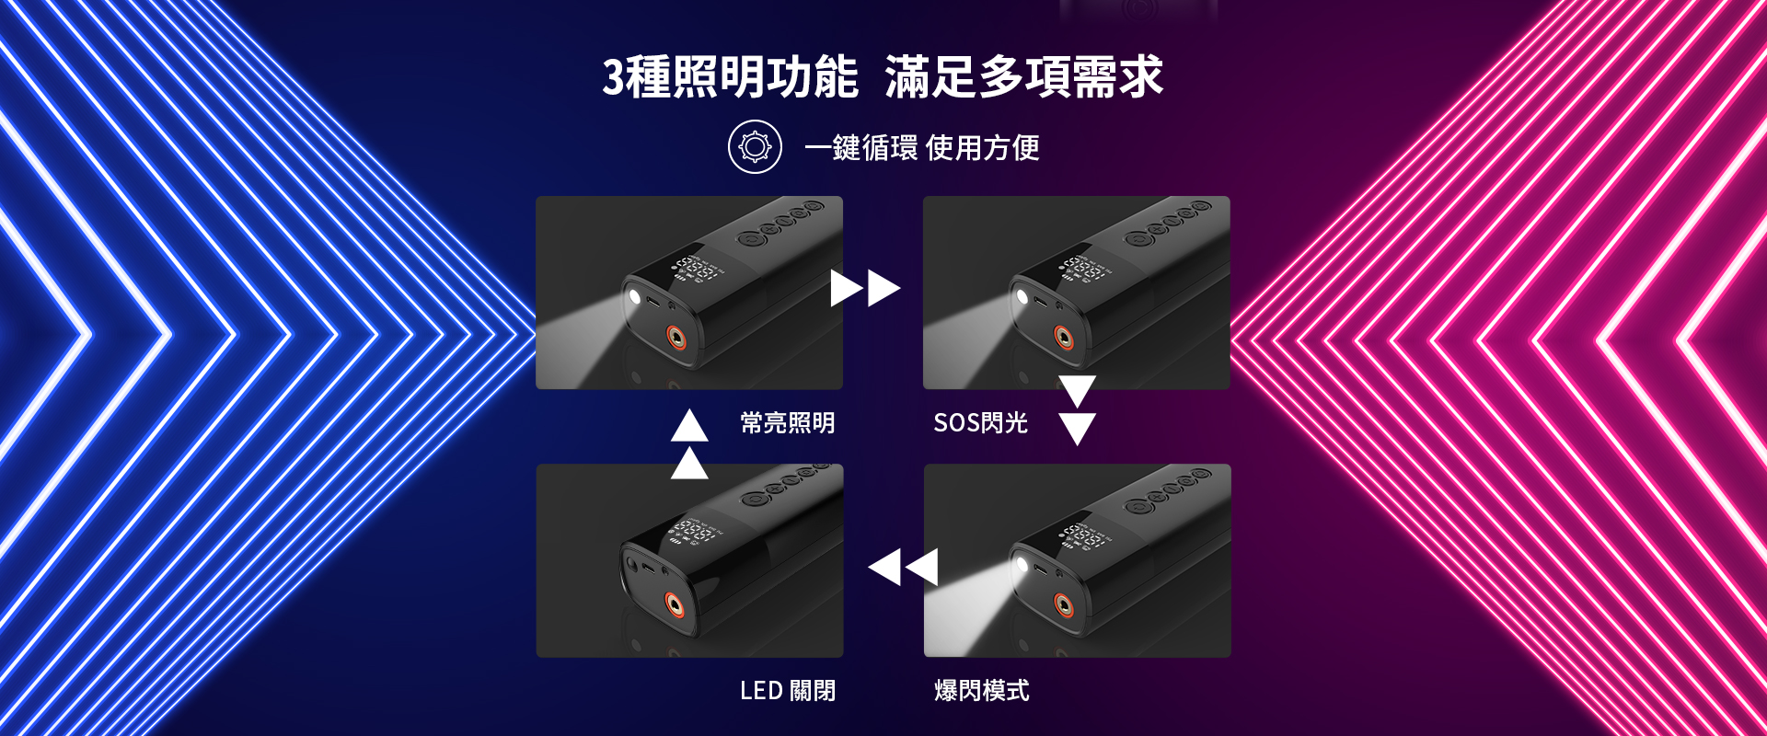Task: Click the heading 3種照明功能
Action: click(x=730, y=76)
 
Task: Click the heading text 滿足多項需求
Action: click(x=1024, y=76)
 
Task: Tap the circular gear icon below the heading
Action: click(x=755, y=147)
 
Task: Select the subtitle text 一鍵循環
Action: click(x=860, y=147)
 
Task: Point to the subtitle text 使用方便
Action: click(x=983, y=147)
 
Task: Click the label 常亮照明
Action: click(x=788, y=423)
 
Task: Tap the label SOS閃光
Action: click(x=980, y=423)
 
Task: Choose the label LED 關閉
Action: click(x=788, y=690)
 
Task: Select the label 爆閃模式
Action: click(x=981, y=690)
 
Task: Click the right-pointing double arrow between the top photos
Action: click(x=865, y=288)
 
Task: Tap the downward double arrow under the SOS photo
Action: click(x=1077, y=410)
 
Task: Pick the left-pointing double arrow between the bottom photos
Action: click(x=903, y=567)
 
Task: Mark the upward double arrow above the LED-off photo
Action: click(x=689, y=444)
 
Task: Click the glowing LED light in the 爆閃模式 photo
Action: click(x=1021, y=564)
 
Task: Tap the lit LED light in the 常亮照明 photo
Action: click(x=634, y=296)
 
